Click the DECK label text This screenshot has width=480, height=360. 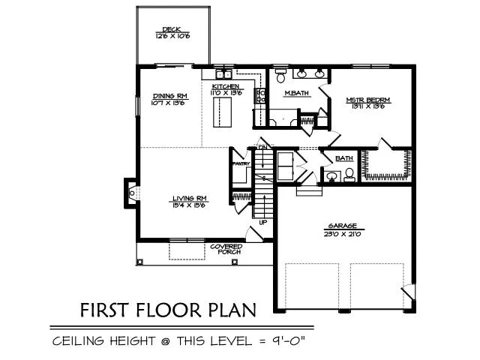point(172,29)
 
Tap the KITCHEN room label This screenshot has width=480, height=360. point(226,88)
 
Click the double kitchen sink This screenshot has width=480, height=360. point(223,75)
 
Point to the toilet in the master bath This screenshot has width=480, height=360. point(280,76)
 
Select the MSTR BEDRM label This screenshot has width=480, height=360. point(368,99)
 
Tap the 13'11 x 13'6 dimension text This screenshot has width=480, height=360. point(368,106)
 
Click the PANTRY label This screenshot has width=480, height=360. point(240,163)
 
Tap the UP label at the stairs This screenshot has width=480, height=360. point(262,222)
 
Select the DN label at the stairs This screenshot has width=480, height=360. point(262,148)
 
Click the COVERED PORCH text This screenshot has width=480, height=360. point(225,249)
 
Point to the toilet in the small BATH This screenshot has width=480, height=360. point(348,175)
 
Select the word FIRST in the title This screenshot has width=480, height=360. point(106,310)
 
